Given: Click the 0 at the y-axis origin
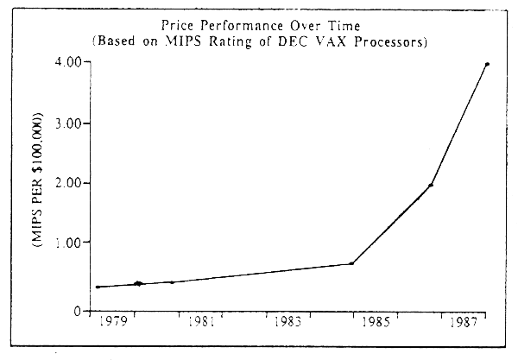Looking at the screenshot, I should click(76, 311).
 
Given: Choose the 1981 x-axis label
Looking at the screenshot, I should click(200, 325).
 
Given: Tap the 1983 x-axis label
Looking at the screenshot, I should click(288, 325).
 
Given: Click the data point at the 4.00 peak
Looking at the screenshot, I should click(488, 64).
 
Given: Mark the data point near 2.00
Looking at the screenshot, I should click(431, 185).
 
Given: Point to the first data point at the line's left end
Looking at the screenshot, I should click(98, 287).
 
